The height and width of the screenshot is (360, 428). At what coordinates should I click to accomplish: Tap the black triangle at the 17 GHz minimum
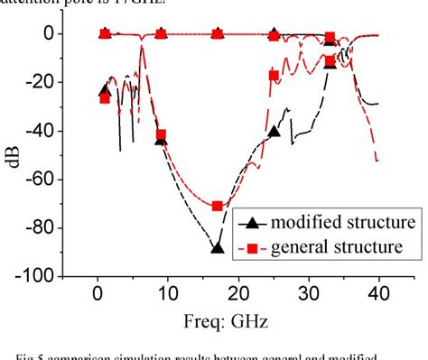(x=217, y=247)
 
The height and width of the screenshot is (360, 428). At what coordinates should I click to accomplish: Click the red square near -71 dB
(x=217, y=207)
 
